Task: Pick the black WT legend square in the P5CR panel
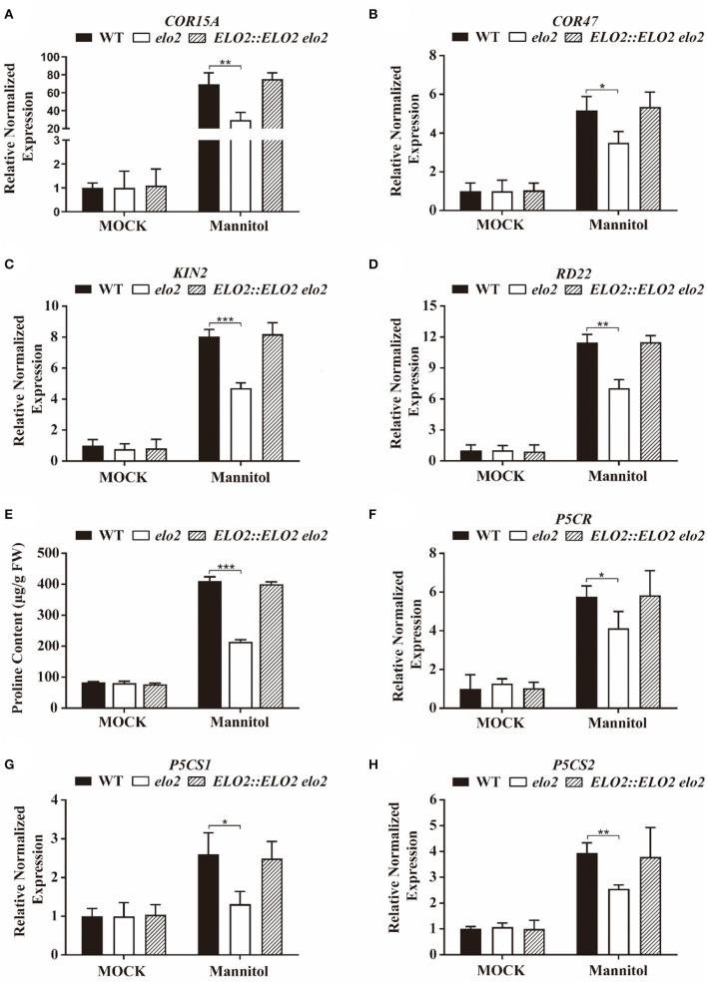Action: pyautogui.click(x=462, y=534)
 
